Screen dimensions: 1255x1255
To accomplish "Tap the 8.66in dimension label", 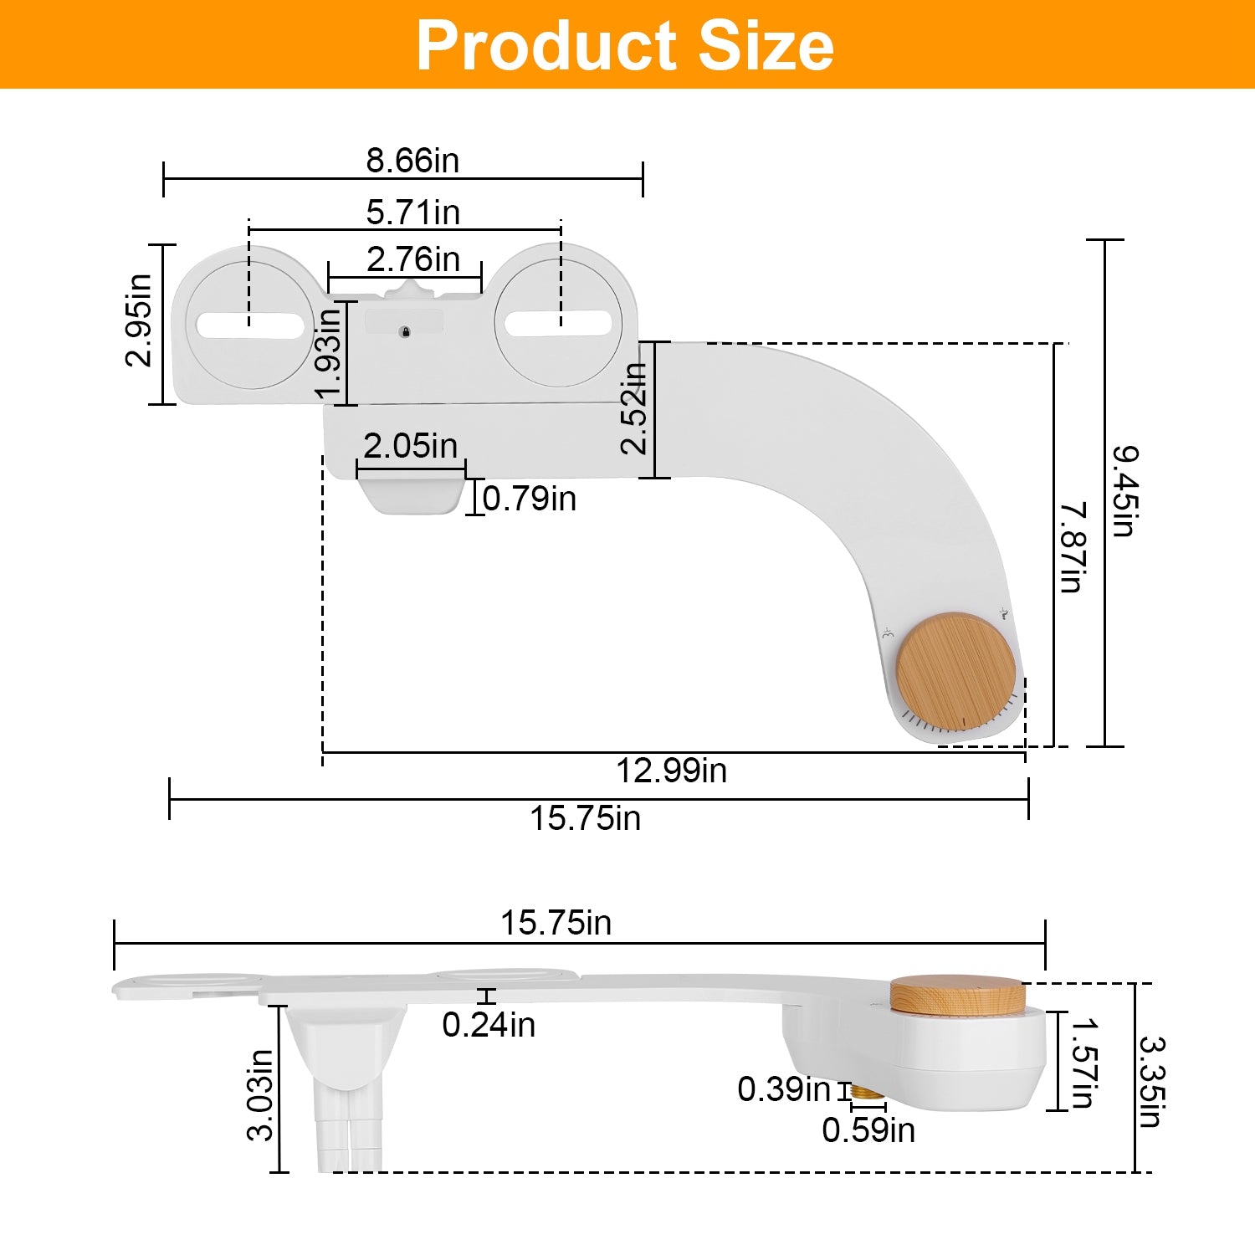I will (412, 160).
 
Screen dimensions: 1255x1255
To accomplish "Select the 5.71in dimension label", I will (412, 212).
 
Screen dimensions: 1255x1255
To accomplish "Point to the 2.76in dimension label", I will (412, 259).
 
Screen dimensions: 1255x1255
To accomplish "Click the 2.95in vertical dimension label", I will (139, 320).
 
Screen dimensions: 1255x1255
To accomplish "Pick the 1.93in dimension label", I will (329, 352).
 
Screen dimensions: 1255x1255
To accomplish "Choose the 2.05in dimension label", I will (410, 445).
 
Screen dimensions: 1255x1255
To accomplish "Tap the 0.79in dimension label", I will (529, 499).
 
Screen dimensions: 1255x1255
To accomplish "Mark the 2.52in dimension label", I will (634, 408).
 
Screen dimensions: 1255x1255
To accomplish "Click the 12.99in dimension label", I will (671, 771).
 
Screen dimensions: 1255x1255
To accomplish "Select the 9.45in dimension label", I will (1124, 491).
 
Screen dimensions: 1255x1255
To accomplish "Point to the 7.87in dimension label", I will (1073, 547).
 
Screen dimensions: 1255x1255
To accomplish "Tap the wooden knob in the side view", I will (957, 995).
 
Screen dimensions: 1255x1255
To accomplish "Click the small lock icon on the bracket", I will (405, 332).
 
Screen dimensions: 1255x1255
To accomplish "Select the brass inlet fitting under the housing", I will (867, 1092).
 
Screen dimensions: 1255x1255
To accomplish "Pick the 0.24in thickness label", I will (489, 1025).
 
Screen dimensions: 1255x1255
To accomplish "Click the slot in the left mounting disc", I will (250, 325).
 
